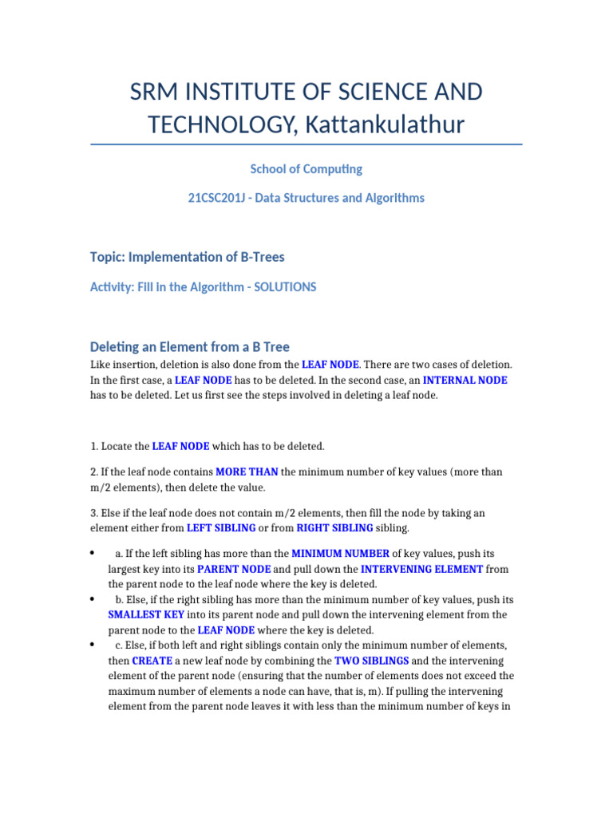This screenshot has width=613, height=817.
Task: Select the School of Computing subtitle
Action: (306, 169)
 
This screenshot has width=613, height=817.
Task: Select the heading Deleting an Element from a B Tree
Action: (190, 347)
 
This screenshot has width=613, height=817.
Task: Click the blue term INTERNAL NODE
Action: (465, 380)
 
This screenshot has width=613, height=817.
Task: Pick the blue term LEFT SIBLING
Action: (221, 527)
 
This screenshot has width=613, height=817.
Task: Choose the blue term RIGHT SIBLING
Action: (334, 527)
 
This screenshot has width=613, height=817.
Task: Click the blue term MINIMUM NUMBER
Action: (340, 553)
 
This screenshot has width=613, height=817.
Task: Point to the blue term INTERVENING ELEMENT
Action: (421, 569)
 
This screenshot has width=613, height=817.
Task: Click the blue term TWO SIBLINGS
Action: (372, 661)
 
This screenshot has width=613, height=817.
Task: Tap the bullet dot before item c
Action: (93, 645)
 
